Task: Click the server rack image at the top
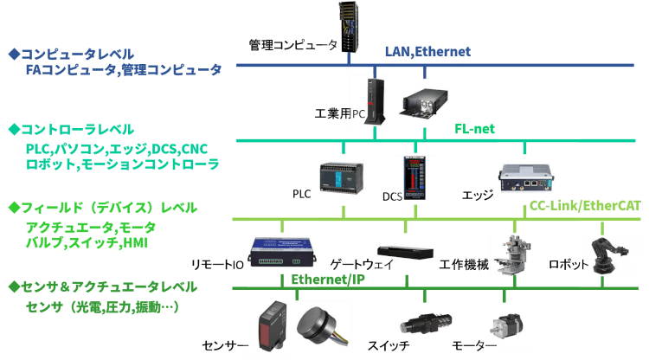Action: click(350, 27)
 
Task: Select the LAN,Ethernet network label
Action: click(427, 52)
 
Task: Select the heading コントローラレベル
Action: click(66, 130)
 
